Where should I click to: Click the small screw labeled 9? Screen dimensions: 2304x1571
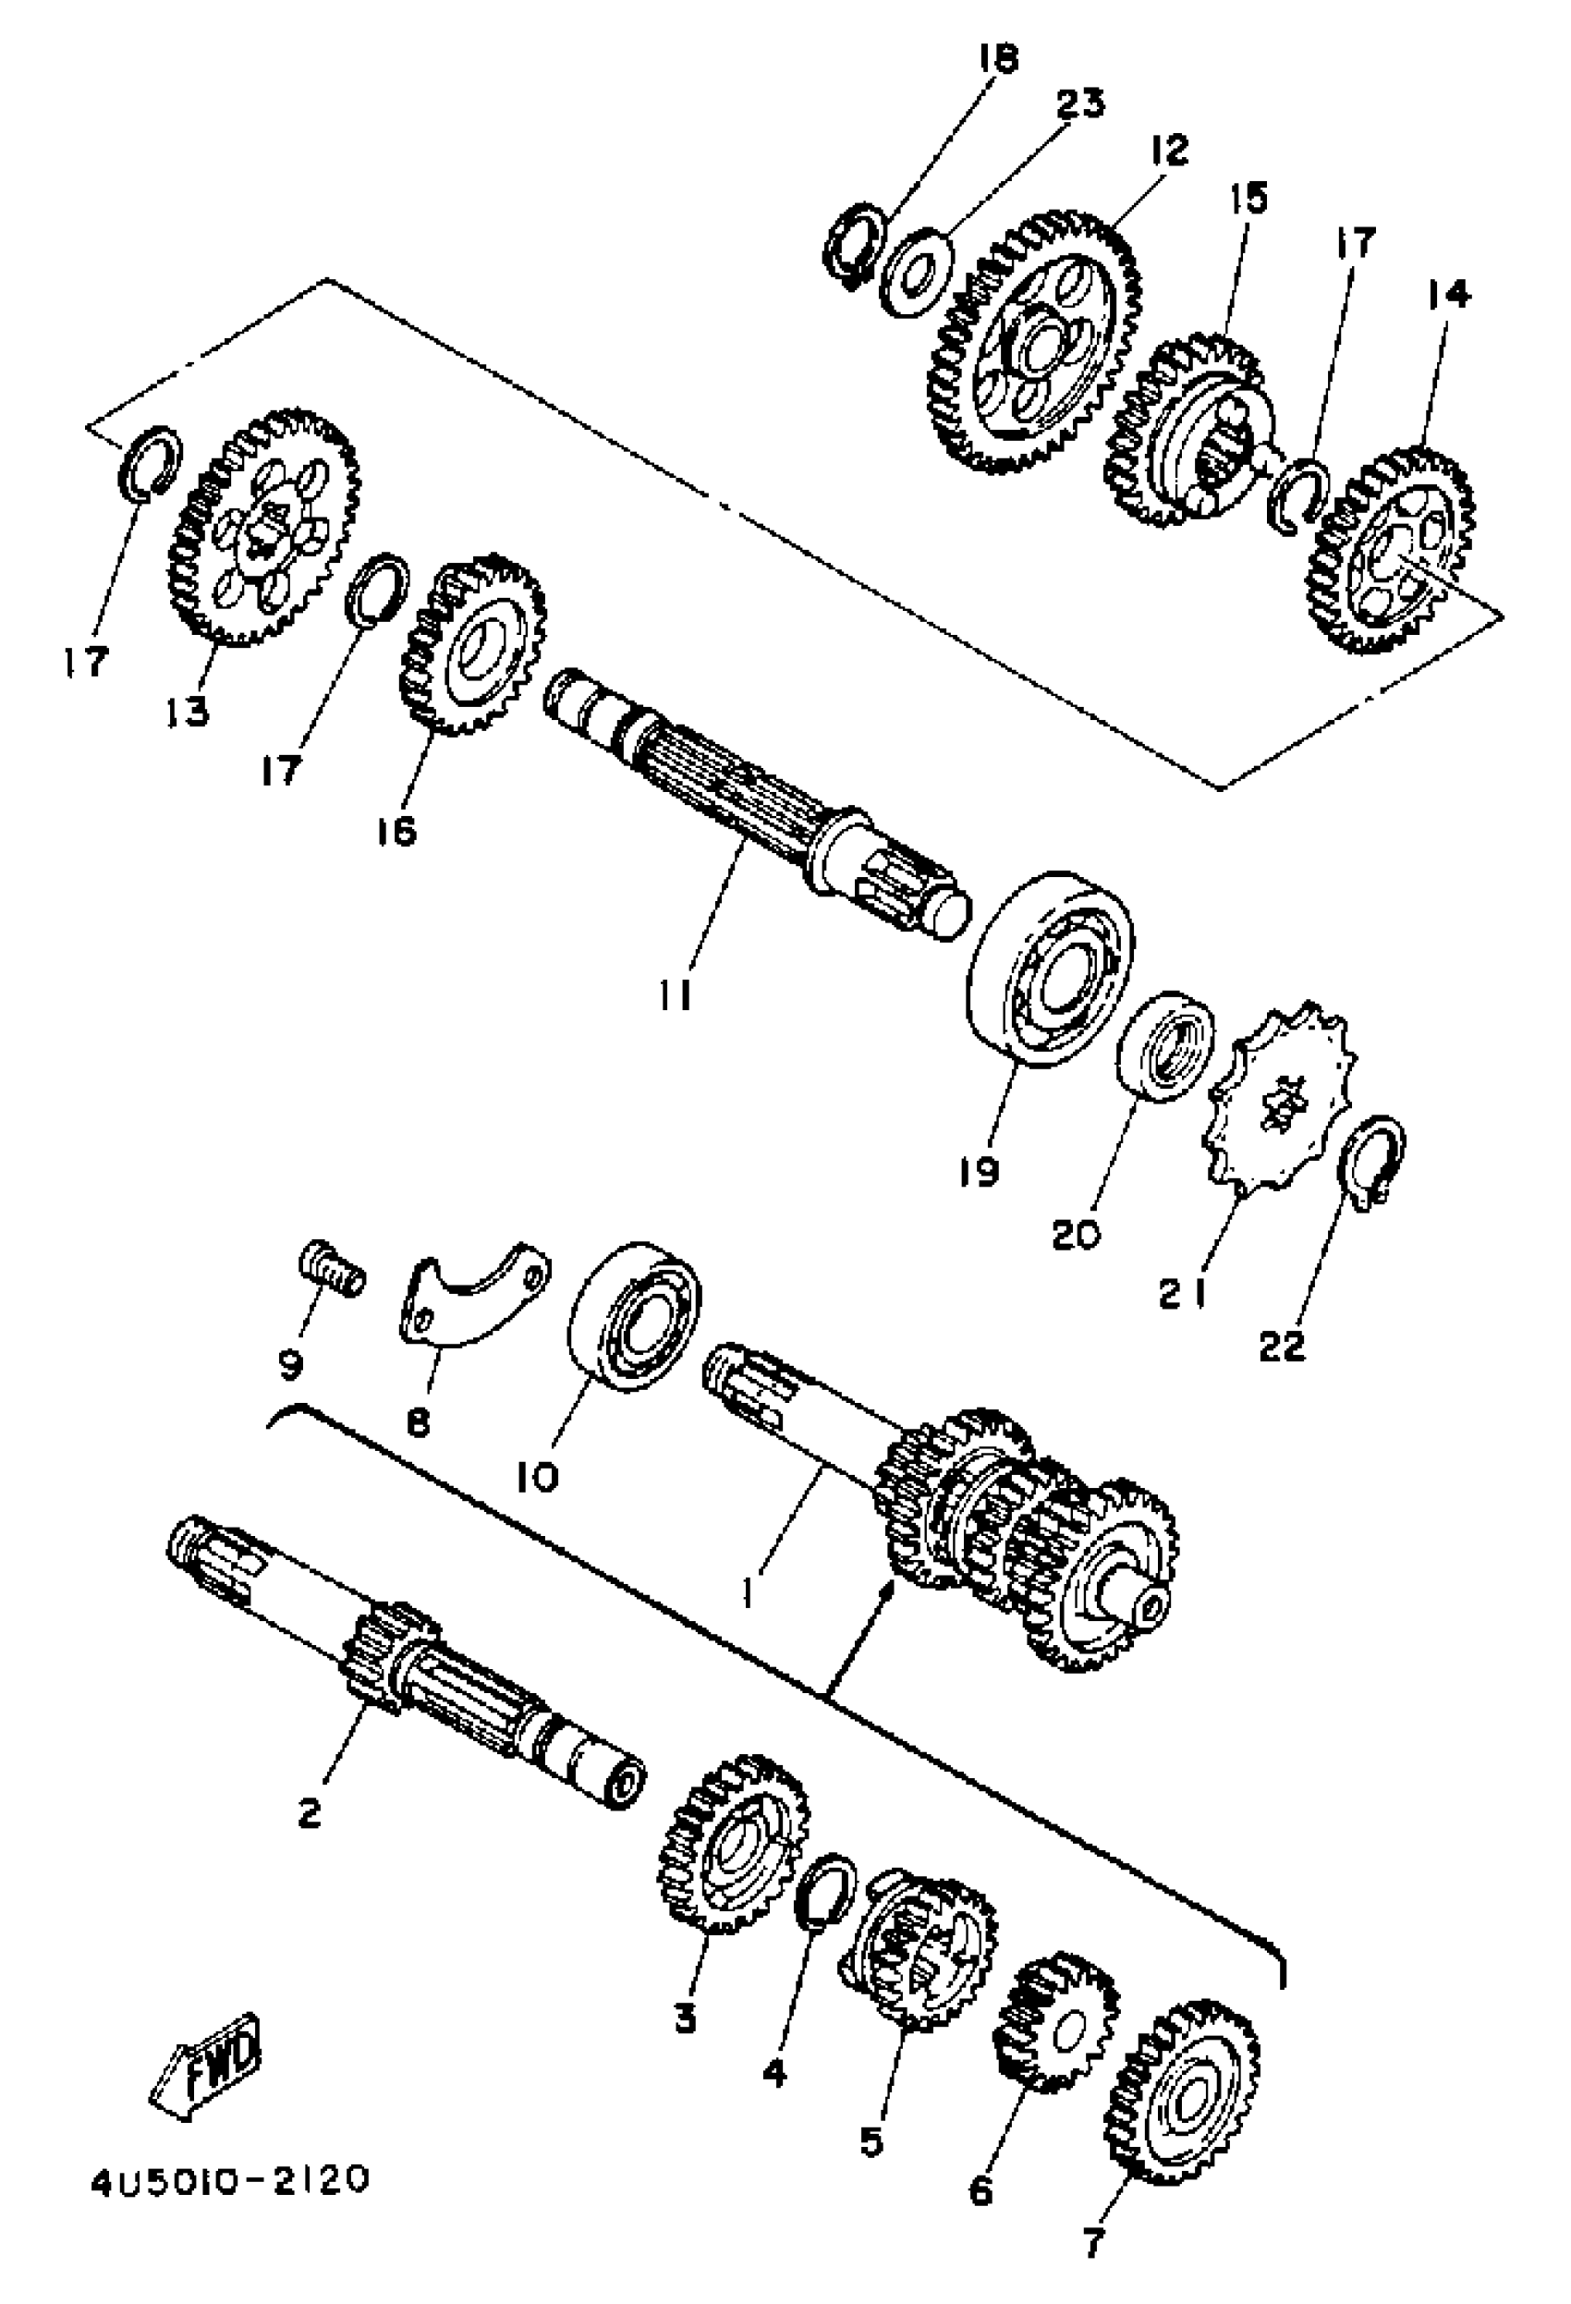[x=332, y=1270]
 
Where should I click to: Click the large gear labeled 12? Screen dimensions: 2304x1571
[x=1037, y=342]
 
